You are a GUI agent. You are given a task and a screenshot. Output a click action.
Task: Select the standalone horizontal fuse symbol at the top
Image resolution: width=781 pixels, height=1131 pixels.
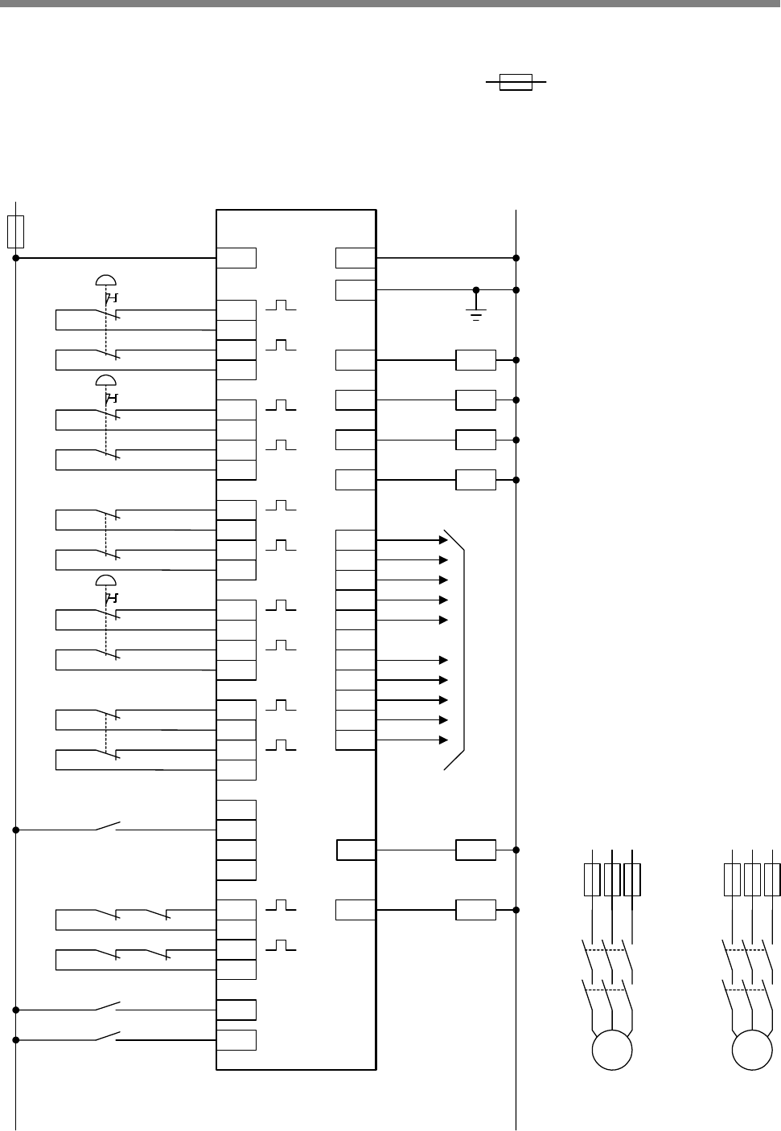point(516,82)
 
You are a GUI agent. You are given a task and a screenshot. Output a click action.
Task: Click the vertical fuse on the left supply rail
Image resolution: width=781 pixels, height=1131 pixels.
point(15,231)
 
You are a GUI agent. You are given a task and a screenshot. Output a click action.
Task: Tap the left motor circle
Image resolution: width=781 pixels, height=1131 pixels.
point(612,1051)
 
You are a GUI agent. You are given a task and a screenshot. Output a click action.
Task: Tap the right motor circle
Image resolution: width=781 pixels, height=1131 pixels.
point(752,1051)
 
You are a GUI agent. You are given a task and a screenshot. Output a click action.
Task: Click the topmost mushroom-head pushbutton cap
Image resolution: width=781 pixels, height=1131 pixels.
point(106,280)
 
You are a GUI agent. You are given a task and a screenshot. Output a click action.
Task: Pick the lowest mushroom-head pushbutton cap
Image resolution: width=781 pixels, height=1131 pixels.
point(106,580)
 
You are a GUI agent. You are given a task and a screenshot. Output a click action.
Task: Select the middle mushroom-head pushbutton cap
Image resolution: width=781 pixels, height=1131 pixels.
point(106,380)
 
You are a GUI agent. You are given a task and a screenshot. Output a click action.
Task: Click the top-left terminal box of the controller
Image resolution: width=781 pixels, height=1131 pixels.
point(236,258)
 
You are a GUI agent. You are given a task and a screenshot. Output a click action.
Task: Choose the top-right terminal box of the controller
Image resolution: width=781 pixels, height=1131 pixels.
point(356,258)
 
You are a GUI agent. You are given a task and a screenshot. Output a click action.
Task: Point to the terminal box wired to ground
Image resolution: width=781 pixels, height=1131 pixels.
point(356,289)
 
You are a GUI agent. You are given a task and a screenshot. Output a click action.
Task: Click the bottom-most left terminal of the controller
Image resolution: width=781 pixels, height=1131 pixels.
point(236,1039)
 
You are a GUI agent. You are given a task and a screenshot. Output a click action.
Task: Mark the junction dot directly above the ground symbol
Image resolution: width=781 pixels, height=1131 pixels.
point(476,289)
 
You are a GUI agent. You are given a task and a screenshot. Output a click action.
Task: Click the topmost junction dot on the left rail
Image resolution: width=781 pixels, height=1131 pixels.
point(16,258)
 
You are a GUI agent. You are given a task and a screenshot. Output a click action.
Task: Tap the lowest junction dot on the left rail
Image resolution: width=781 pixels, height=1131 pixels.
point(16,1040)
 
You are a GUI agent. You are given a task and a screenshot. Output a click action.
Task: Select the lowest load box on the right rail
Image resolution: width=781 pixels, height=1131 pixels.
point(475,910)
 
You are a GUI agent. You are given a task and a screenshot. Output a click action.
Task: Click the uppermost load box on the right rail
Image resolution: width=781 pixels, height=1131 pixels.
point(475,360)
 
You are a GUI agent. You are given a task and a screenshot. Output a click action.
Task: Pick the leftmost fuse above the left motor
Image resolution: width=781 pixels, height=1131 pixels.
point(592,879)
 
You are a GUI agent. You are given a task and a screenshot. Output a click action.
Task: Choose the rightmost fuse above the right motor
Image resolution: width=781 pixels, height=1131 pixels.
point(772,879)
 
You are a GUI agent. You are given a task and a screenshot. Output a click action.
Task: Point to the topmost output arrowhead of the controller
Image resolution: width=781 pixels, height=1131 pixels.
point(443,540)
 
